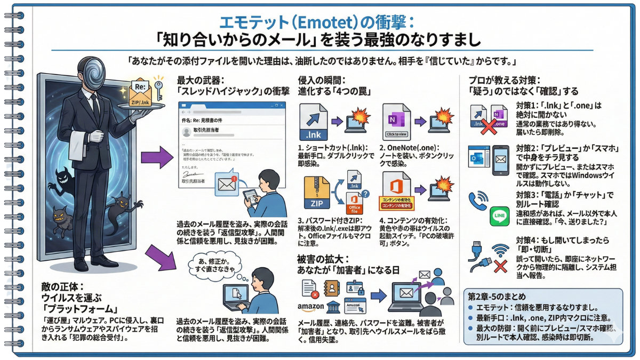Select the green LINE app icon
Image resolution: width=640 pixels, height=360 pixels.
499,215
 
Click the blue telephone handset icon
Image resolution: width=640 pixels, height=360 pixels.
478,201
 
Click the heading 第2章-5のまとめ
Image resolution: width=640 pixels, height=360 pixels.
498,297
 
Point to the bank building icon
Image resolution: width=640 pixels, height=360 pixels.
334,308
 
